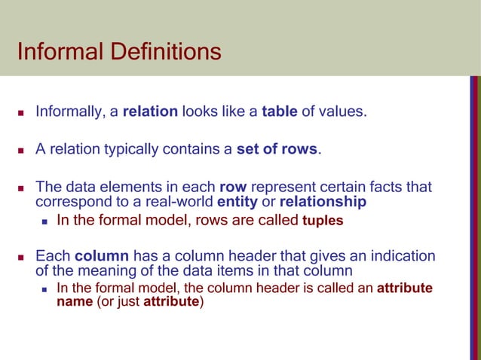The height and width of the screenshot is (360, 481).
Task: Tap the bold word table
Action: (x=279, y=113)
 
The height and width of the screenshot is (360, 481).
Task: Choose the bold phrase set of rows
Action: (x=277, y=149)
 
